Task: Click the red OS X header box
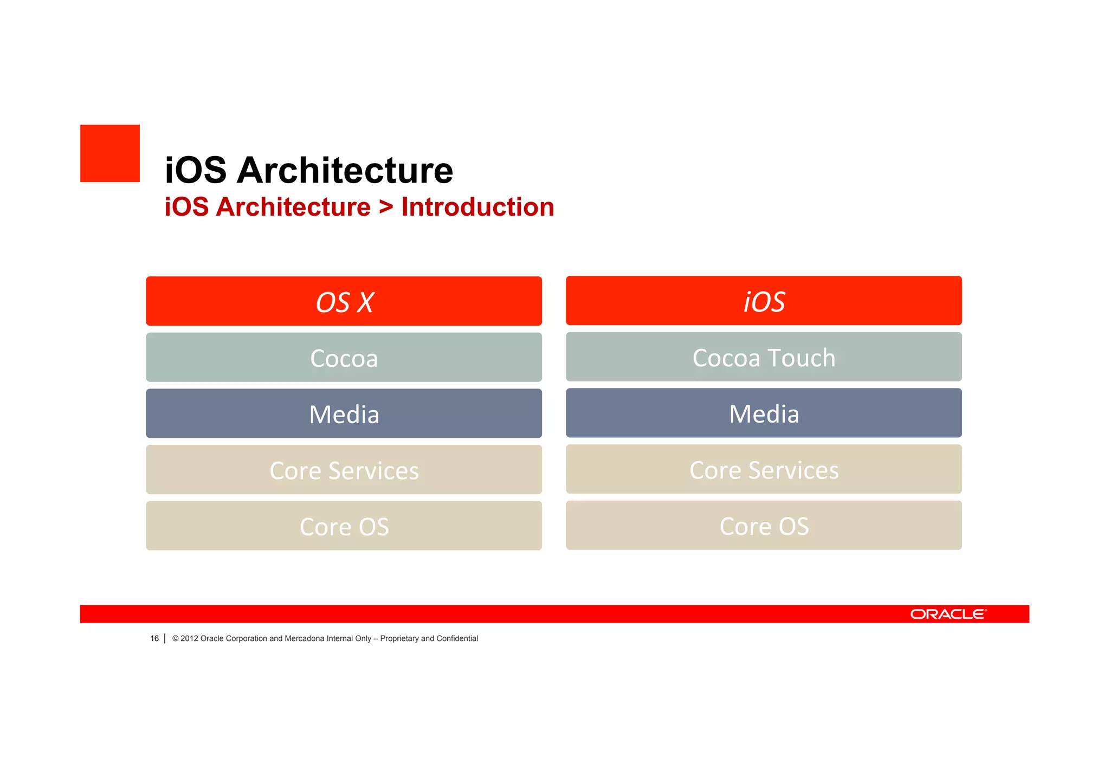(344, 301)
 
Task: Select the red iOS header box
(764, 301)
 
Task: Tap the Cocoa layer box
(344, 358)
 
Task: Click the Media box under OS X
(344, 414)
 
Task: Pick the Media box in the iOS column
(764, 413)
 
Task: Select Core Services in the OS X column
(344, 470)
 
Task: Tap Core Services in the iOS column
(764, 469)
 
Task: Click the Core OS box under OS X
(344, 526)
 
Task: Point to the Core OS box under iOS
(764, 526)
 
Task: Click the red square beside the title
(110, 153)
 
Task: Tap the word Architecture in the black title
(345, 171)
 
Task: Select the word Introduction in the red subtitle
(477, 207)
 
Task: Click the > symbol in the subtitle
(386, 207)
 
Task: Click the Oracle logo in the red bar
(948, 614)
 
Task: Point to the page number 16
(154, 639)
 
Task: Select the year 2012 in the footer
(189, 639)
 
